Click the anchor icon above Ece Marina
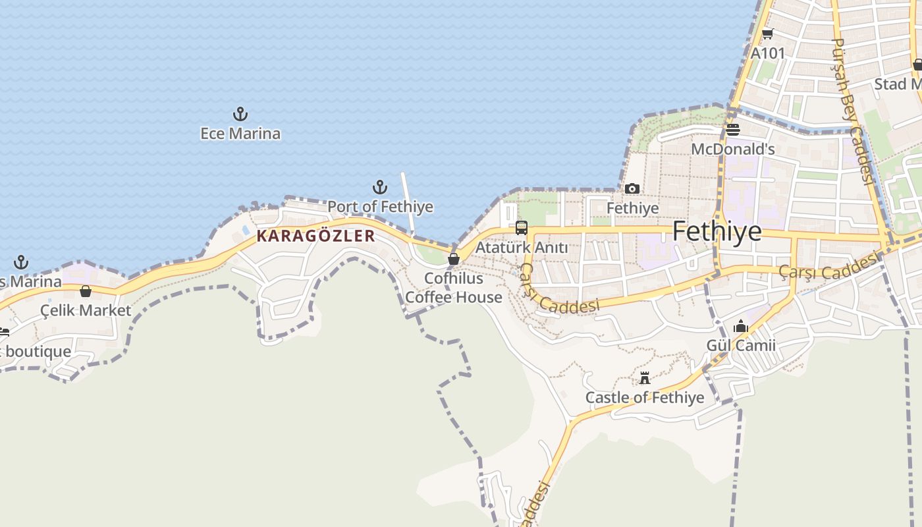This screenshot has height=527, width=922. point(240,114)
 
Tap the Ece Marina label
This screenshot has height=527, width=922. point(240,134)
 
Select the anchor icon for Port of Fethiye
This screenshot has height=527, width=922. point(380,187)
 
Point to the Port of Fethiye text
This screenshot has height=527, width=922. point(380,207)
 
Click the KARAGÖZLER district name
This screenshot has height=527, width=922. point(315,236)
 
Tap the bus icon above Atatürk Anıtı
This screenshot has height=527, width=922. point(522,228)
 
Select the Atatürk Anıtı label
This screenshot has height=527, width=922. point(522,248)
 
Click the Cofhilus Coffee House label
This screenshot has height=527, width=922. point(453,288)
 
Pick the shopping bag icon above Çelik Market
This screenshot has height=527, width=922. point(86,291)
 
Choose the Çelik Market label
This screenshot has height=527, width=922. point(86,310)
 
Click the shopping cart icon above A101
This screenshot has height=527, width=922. point(767,34)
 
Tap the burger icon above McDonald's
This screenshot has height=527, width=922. point(733,129)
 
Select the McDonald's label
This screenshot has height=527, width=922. point(733,150)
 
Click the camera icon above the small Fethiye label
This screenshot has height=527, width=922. point(632,189)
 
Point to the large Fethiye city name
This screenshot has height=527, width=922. point(717,232)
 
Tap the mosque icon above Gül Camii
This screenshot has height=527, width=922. point(741,326)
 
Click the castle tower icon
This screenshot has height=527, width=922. point(645,378)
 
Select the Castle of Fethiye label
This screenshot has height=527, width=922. point(645,398)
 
